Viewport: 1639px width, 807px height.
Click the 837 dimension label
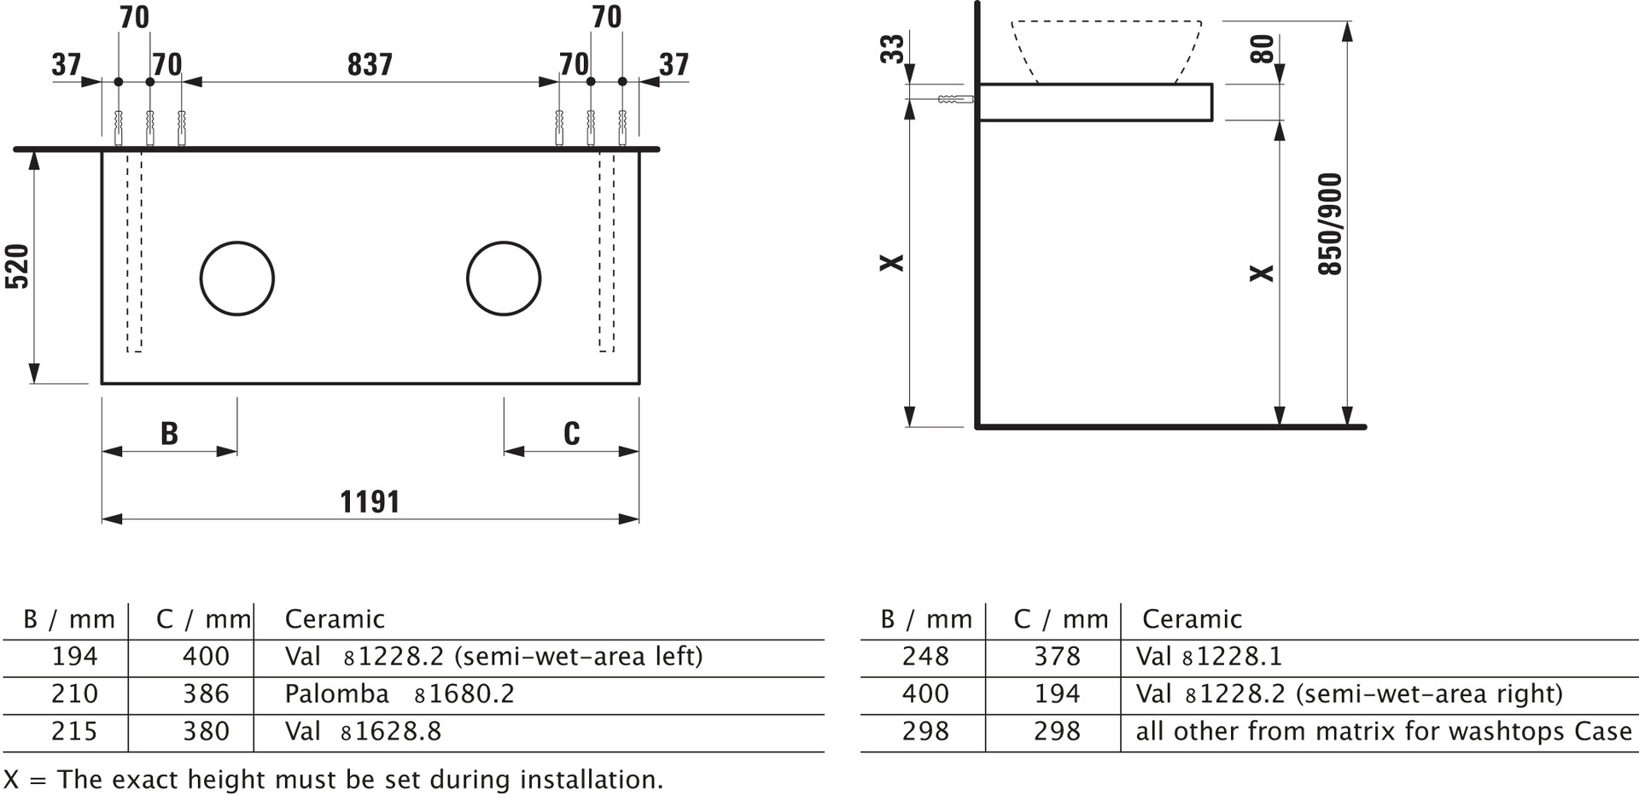370,64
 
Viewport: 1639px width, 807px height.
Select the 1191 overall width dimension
370,501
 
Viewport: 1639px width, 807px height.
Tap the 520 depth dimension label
17,266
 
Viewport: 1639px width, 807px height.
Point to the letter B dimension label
169,433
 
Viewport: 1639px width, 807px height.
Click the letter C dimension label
572,433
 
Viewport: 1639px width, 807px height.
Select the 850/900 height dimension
1330,224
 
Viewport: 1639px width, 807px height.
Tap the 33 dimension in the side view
891,49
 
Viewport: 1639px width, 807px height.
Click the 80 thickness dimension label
1262,49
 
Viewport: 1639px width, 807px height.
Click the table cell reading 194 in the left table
75,656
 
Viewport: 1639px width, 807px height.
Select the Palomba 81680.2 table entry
400,693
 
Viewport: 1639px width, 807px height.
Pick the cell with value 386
206,693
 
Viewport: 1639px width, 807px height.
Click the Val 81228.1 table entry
1209,656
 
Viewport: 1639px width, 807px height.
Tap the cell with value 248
925,656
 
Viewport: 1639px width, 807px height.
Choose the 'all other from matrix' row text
1384,731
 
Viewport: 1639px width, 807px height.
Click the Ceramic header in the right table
1192,618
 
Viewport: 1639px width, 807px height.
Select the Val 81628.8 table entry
363,731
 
